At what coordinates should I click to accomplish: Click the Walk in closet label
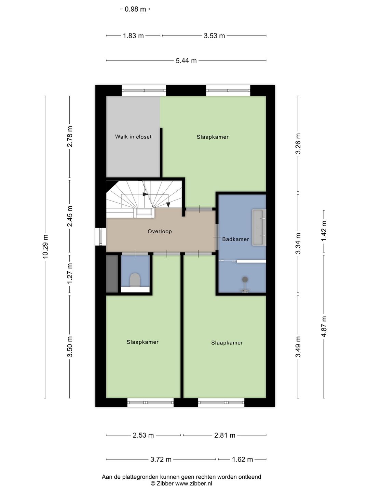coord(133,137)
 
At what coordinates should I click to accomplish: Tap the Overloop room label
coord(160,231)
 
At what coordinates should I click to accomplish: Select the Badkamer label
coord(235,239)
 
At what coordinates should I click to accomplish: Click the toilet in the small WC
coord(135,280)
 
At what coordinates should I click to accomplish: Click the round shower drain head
coord(245,279)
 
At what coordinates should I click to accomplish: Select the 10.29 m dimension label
coord(45,247)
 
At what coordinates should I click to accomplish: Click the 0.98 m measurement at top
coord(135,9)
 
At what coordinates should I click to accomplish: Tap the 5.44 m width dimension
coord(186,60)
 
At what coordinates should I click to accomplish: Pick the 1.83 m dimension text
coord(133,36)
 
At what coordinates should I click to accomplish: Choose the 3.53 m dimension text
coord(214,36)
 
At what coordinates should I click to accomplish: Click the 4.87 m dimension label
coord(324,326)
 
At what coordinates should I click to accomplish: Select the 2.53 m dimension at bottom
coord(143,435)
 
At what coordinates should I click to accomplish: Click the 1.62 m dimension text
coord(243,460)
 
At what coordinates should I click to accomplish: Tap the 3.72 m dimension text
coord(161,460)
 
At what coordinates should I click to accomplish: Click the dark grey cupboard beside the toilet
coord(112,274)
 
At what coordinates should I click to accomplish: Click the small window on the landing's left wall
coord(100,236)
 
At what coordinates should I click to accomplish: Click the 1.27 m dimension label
coord(70,274)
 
